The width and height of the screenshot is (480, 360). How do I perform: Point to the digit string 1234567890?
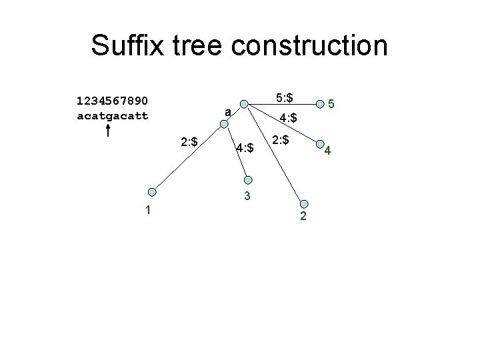[x=113, y=101]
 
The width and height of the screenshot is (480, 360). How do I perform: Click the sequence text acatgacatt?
[x=113, y=115]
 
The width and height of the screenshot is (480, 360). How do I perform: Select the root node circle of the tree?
[x=245, y=104]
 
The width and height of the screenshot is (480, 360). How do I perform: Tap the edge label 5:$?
[x=285, y=97]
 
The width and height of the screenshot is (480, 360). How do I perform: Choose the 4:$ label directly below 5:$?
[x=288, y=119]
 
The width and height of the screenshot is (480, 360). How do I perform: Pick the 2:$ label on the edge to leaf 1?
[x=189, y=142]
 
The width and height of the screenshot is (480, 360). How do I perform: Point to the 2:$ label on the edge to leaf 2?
[x=281, y=140]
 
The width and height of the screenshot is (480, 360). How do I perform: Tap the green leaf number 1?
[x=148, y=210]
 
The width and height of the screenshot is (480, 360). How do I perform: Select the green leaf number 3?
[x=247, y=196]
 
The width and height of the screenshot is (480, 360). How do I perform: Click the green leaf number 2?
[x=303, y=217]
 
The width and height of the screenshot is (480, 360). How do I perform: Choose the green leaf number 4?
[x=327, y=152]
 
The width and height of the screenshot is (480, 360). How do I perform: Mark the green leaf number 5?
[x=331, y=105]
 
